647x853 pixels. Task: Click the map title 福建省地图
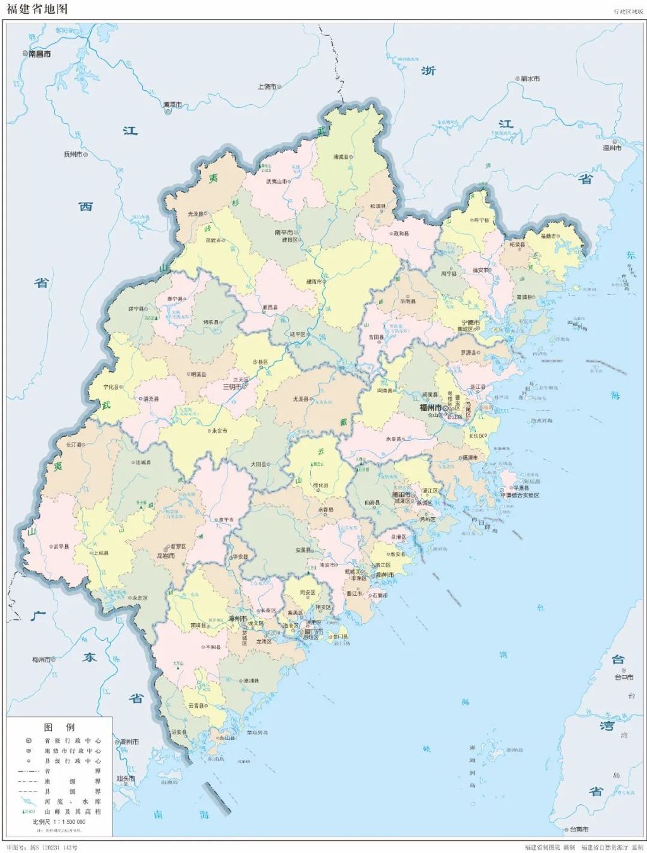click(37, 9)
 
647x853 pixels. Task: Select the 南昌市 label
click(40, 54)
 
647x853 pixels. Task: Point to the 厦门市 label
click(313, 631)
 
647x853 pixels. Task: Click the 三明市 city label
click(232, 387)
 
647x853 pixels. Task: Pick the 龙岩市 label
click(165, 556)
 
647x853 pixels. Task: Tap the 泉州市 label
click(385, 575)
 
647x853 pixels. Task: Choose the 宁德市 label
click(470, 323)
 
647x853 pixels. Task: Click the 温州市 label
click(612, 148)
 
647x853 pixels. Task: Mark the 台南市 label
click(579, 829)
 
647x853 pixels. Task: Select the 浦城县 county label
click(341, 157)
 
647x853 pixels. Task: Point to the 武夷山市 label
click(276, 182)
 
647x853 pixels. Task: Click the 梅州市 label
click(41, 660)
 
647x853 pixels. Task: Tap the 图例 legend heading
click(59, 727)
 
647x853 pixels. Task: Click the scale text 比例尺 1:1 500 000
click(59, 821)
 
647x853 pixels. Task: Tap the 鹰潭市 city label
click(172, 105)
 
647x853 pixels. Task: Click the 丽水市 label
click(530, 79)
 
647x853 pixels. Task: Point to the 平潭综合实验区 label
click(520, 496)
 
